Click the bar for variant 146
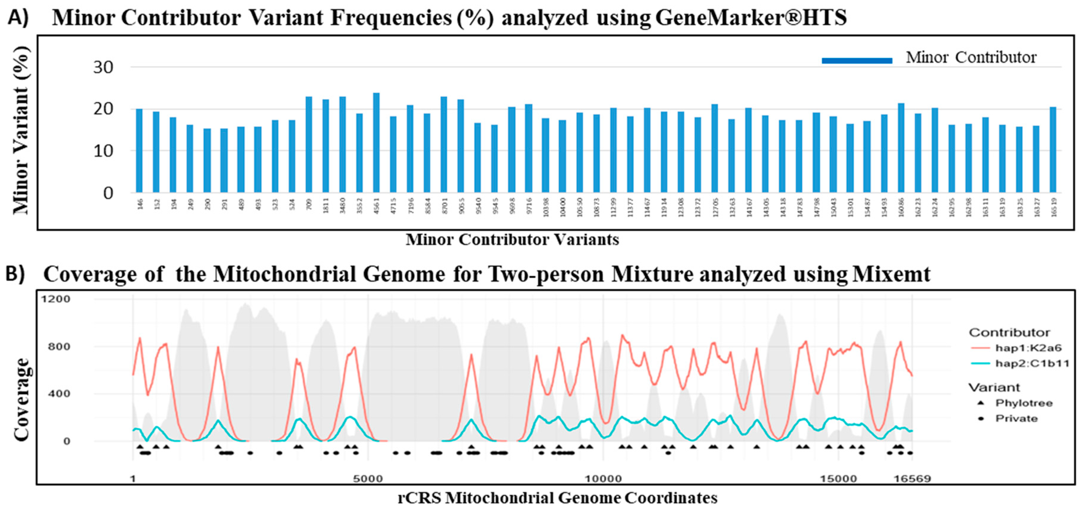[139, 151]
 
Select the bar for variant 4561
[376, 143]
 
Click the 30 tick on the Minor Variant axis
[103, 67]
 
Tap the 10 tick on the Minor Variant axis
[103, 151]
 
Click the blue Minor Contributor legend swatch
[857, 61]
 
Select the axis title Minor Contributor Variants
[512, 240]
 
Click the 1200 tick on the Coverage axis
[55, 299]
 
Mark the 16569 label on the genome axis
[912, 479]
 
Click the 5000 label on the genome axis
[368, 479]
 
